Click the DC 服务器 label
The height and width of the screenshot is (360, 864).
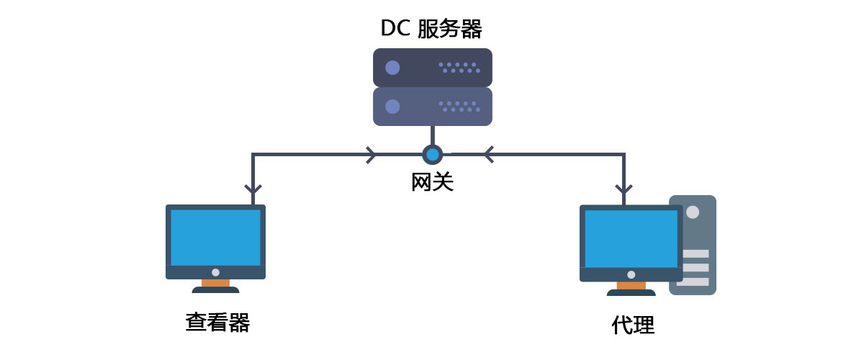[431, 28]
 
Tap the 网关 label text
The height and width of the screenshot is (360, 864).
[432, 181]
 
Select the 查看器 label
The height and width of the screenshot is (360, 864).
[217, 322]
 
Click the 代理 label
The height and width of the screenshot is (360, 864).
[633, 325]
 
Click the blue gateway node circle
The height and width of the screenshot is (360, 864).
[432, 154]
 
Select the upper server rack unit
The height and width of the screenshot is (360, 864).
[432, 67]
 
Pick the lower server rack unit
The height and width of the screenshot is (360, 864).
[432, 107]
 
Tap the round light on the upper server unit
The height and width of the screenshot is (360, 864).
[392, 68]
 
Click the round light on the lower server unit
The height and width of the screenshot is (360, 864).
[392, 107]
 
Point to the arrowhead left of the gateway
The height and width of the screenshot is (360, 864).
[371, 154]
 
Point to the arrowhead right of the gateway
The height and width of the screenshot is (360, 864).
[489, 154]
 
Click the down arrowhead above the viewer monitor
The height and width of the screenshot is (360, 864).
[252, 189]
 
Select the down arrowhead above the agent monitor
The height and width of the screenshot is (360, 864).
[624, 189]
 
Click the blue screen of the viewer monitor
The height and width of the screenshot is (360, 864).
[215, 237]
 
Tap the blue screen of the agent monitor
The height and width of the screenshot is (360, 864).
[631, 238]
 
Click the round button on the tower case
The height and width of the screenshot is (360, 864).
[693, 212]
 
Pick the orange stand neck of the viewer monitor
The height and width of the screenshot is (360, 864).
[215, 283]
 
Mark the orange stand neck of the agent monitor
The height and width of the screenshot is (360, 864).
[631, 286]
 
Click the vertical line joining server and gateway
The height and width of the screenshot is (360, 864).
[432, 135]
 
